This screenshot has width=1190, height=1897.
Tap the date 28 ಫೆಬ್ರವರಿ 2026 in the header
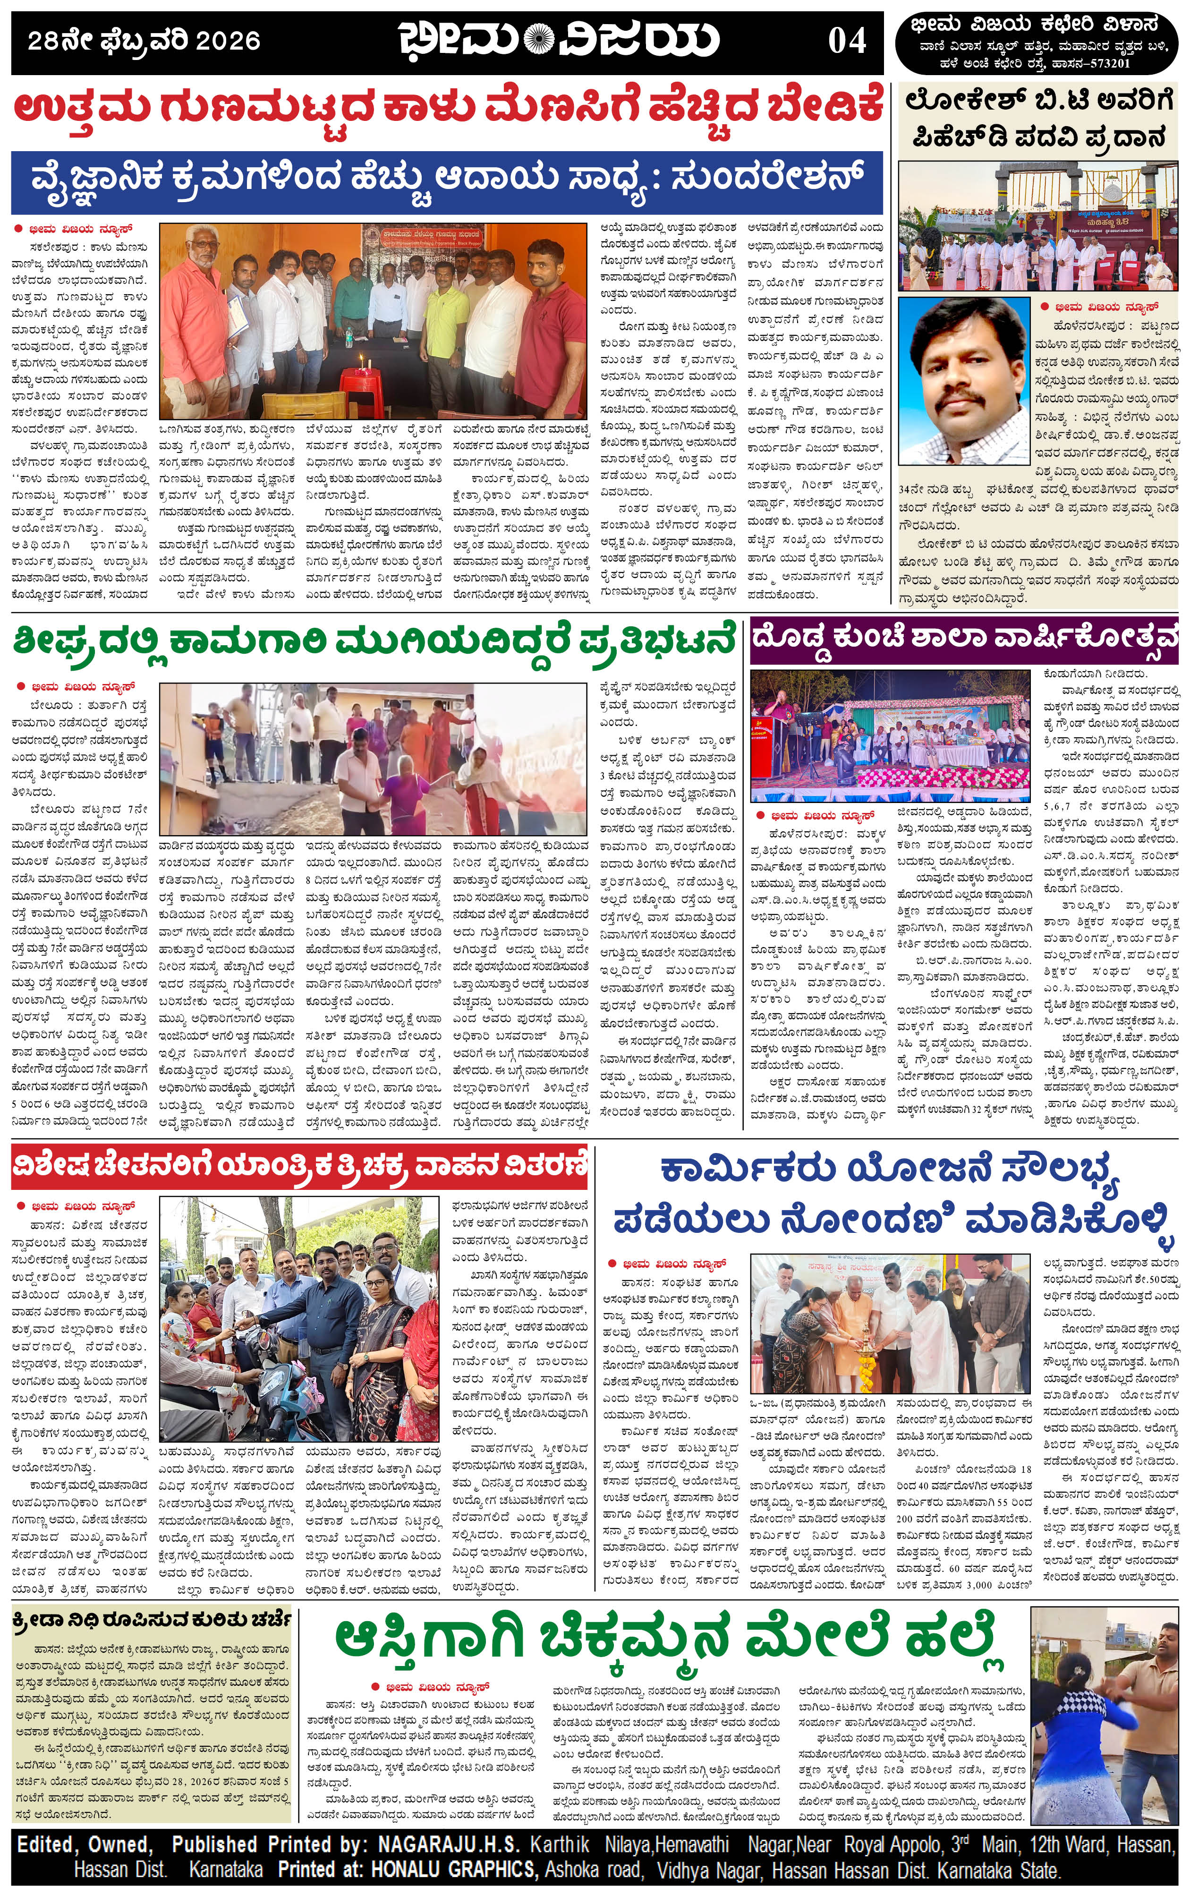point(144,41)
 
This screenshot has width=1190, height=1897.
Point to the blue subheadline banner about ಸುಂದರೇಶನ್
point(447,183)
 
